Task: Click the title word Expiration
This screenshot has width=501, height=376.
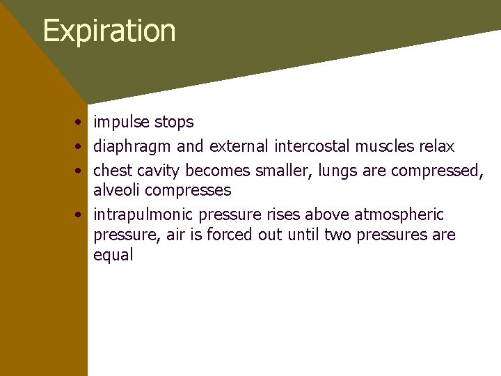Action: (x=109, y=31)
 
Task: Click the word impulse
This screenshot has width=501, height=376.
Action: (x=122, y=123)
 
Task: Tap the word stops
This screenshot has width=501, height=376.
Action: (x=174, y=123)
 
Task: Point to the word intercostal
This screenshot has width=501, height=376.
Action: (x=312, y=147)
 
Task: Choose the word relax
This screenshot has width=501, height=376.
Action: (x=436, y=147)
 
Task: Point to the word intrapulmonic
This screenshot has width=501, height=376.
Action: (x=143, y=214)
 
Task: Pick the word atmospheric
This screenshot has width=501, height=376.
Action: (x=399, y=214)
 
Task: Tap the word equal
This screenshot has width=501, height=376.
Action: (x=113, y=255)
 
